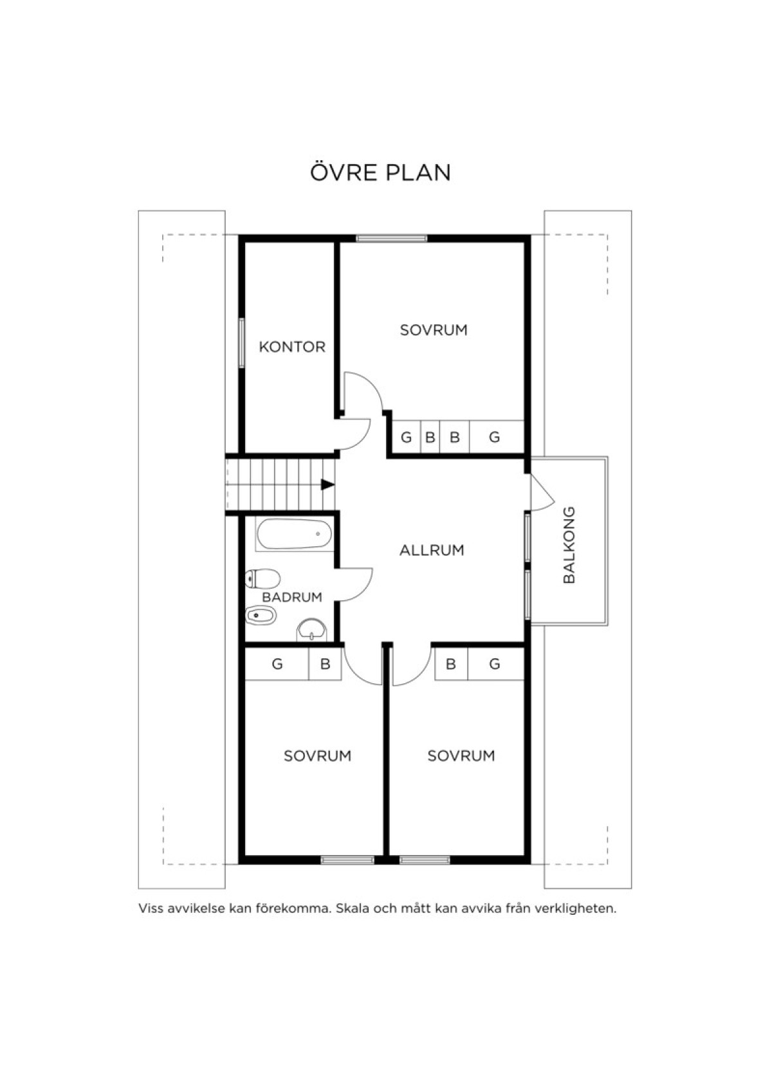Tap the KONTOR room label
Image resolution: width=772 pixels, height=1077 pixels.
click(x=292, y=347)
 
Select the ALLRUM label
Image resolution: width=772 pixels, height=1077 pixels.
click(x=432, y=550)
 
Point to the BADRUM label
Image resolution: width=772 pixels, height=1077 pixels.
click(x=292, y=597)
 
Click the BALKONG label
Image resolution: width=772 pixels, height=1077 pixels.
click(x=569, y=545)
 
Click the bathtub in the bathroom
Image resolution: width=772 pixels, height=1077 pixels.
click(x=294, y=533)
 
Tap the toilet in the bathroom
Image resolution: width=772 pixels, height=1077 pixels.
click(x=262, y=579)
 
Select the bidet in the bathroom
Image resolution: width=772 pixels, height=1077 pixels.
click(x=260, y=614)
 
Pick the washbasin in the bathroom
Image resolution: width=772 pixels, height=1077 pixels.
click(x=311, y=631)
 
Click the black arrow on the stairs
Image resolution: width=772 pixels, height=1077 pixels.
click(x=328, y=484)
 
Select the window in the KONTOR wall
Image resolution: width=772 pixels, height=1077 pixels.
click(x=242, y=344)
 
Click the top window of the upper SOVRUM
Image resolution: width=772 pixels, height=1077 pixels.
click(x=391, y=238)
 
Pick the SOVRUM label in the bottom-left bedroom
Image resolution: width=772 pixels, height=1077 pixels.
click(x=317, y=756)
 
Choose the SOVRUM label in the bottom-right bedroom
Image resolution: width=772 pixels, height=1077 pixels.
click(x=461, y=756)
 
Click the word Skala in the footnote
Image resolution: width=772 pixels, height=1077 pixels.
click(x=352, y=908)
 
